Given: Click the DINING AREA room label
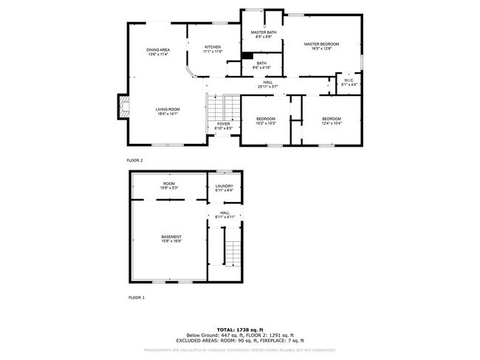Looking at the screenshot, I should [158, 49].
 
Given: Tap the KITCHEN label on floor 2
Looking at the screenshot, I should [213, 46].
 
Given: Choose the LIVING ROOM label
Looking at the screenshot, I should [168, 109].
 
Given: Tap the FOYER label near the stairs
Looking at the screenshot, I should [224, 124].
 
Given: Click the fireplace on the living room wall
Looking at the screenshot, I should [123, 106].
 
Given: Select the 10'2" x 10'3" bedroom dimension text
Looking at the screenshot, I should [266, 123].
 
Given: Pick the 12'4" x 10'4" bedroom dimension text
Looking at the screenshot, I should [332, 123].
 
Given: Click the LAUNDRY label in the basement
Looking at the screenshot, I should [224, 186].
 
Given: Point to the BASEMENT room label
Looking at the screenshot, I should [171, 236].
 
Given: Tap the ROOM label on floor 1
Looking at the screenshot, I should [169, 183].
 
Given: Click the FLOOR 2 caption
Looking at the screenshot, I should [135, 159].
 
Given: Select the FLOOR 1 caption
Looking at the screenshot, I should [137, 297].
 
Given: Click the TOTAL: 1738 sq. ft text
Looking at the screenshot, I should [240, 328].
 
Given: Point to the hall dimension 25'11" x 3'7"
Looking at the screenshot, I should [268, 87].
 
